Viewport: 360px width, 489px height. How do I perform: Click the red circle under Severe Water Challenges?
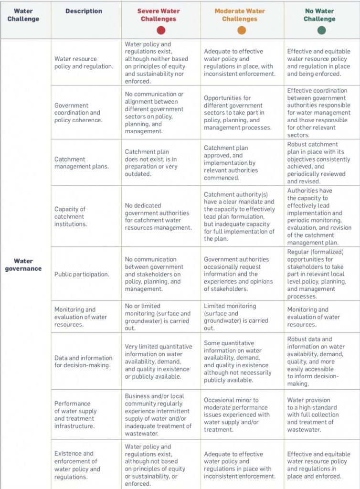[160, 30]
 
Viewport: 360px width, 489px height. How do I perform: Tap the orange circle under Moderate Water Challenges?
[242, 30]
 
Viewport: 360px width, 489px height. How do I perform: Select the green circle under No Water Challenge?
[321, 30]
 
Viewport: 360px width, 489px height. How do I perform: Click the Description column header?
[84, 11]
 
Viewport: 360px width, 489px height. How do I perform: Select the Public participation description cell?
[82, 274]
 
